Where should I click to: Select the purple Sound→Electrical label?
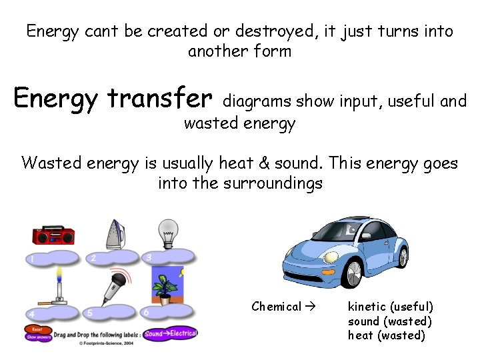point(170,333)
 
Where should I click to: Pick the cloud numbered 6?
point(167,311)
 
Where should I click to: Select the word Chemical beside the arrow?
point(277,307)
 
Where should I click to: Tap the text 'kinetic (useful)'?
point(391,307)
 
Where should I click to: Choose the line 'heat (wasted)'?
point(387,335)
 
